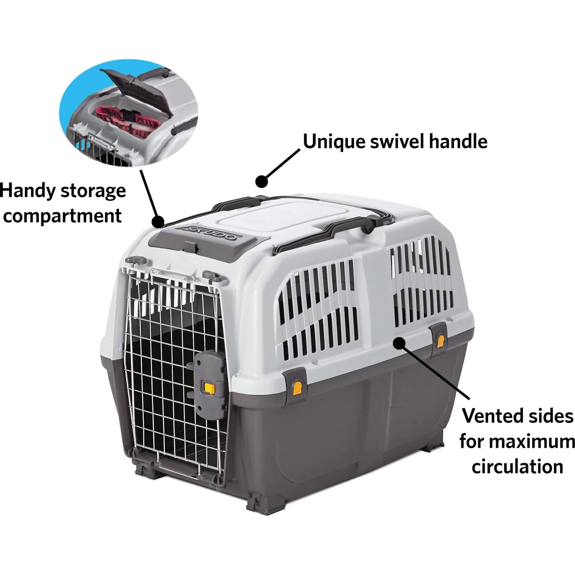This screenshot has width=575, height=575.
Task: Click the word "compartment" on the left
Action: pos(62,216)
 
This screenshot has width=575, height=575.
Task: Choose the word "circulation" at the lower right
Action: pos(517,467)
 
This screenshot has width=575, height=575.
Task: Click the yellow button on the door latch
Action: pos(210,388)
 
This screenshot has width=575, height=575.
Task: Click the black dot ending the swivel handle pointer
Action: pos(261,181)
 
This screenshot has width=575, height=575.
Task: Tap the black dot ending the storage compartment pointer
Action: pos(158,221)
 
